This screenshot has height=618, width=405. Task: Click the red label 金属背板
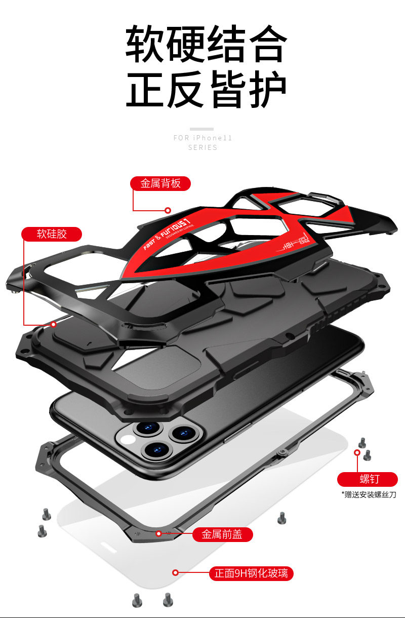point(160,183)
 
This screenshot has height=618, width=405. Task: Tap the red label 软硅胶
point(51,234)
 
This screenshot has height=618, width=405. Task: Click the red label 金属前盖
point(223,534)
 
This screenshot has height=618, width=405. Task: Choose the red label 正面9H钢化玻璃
point(251,573)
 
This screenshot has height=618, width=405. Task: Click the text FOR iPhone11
point(202,138)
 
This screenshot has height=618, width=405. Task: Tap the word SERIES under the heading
point(202,147)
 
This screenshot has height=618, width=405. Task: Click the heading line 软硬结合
point(206,45)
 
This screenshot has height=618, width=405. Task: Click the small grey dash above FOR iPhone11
point(202,129)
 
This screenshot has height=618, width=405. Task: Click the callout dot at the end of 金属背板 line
point(168,210)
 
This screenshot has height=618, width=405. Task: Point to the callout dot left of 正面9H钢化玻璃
point(176,573)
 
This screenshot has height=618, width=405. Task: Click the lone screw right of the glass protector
point(282,518)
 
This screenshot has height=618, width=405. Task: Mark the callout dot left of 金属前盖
point(159,533)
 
